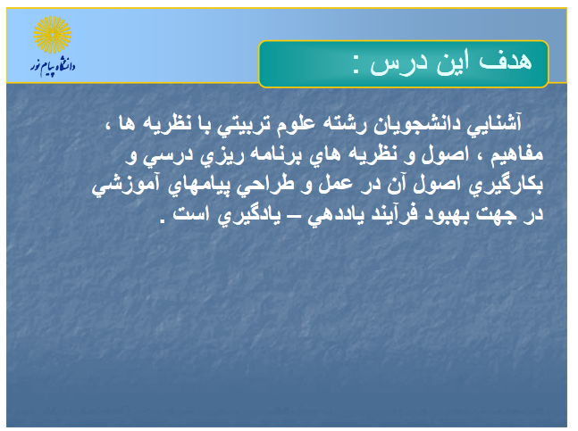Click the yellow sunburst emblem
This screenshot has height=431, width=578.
[53, 35]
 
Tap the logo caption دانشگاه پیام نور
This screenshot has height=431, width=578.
[53, 67]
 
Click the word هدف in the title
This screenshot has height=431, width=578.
[505, 61]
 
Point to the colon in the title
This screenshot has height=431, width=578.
[356, 65]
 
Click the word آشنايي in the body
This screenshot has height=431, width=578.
[494, 123]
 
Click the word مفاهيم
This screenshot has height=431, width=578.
[516, 154]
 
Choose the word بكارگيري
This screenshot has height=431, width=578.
[506, 185]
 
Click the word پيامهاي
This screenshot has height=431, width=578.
[199, 185]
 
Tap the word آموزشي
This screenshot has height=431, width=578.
[126, 184]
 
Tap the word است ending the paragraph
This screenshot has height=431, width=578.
[190, 213]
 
